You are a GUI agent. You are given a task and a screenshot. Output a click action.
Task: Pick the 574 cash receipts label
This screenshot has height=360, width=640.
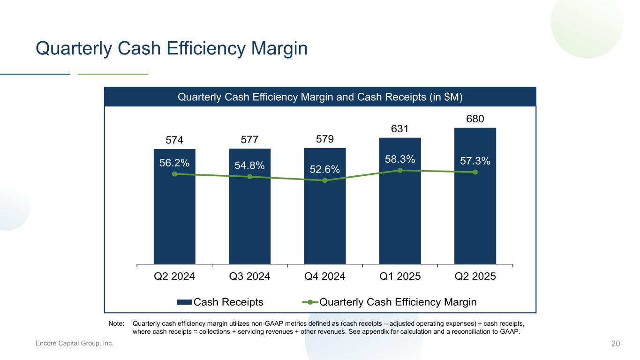pyautogui.click(x=174, y=140)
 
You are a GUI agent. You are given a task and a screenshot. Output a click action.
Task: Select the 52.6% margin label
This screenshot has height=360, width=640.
pyautogui.click(x=324, y=169)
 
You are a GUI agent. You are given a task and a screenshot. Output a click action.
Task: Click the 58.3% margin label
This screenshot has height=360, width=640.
pyautogui.click(x=400, y=159)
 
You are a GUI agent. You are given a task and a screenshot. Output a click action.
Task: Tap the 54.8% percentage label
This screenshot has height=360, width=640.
pyautogui.click(x=249, y=165)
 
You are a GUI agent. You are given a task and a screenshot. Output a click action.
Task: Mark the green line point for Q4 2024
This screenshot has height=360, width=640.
pyautogui.click(x=325, y=180)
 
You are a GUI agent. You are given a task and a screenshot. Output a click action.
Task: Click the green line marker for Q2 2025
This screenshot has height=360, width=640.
pyautogui.click(x=475, y=172)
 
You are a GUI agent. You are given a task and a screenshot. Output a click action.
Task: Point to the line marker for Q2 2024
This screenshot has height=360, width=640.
pyautogui.click(x=174, y=174)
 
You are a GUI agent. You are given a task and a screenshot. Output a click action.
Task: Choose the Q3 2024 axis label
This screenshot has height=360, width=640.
pyautogui.click(x=249, y=276)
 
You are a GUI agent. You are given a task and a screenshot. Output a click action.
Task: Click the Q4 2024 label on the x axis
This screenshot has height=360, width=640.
pyautogui.click(x=325, y=276)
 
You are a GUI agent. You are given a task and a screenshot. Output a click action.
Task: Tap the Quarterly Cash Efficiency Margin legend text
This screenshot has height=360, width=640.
pyautogui.click(x=398, y=302)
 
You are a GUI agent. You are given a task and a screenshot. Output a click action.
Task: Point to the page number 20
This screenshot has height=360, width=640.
pyautogui.click(x=615, y=344)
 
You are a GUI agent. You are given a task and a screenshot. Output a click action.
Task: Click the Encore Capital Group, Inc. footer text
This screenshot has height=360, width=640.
pyautogui.click(x=75, y=344)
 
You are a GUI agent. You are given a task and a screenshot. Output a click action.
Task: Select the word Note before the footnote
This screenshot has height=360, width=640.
pyautogui.click(x=116, y=323)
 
